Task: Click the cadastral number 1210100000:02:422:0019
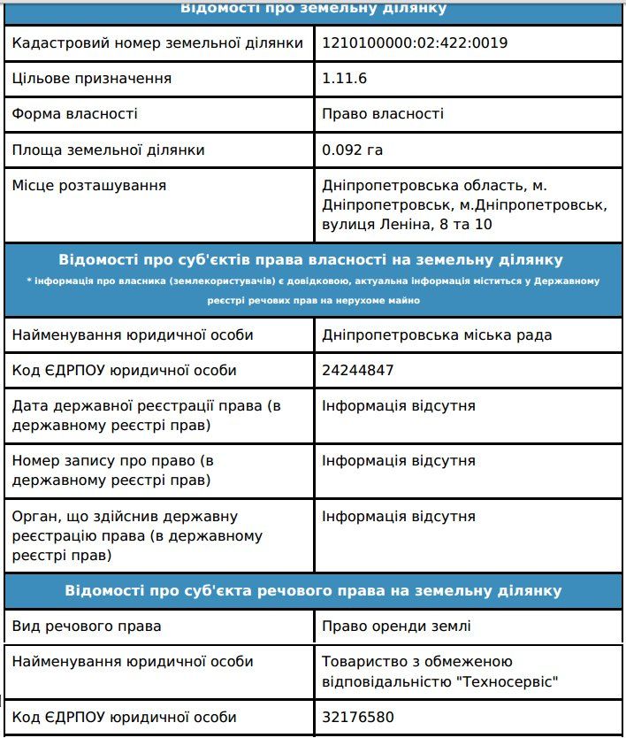pos(415,42)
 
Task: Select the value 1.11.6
pos(344,78)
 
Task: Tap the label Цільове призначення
pos(92,78)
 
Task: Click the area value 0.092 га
pos(352,150)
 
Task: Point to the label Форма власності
pos(75,113)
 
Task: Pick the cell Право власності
pos(383,113)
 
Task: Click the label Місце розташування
pos(89,185)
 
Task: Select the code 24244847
pos(358,370)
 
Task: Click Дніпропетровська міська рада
pos(438,334)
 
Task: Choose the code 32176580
pos(358,717)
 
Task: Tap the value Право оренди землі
pos(397,627)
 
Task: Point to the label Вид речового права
pos(87,627)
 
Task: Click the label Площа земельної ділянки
pos(108,150)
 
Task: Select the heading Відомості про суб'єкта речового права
pos(313,590)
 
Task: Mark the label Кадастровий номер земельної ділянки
pos(157,42)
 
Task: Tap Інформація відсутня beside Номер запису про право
pos(399,461)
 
